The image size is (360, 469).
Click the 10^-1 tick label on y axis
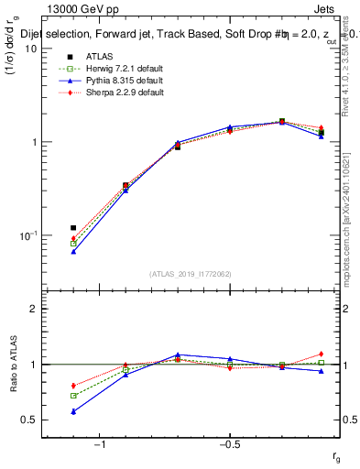(x=27, y=235)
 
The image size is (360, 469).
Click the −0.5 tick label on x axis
(x=228, y=445)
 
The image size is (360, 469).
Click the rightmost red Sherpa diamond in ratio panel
(x=322, y=354)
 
